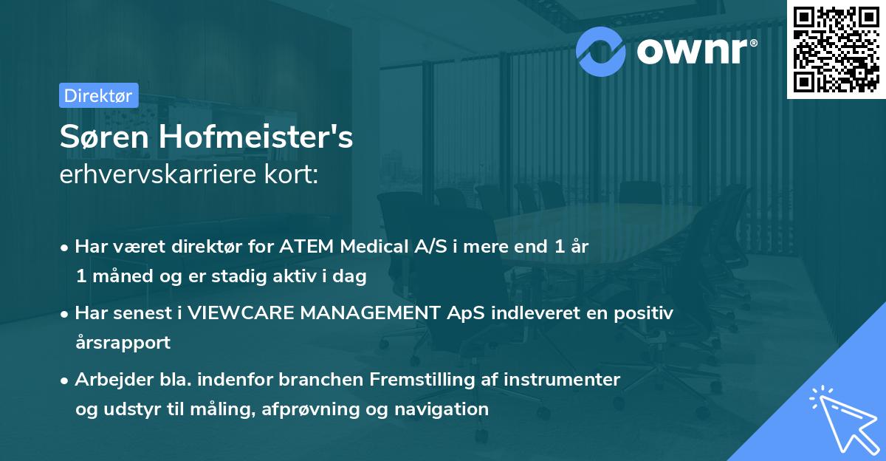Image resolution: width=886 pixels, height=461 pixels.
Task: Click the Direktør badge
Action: pyautogui.click(x=98, y=95)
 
